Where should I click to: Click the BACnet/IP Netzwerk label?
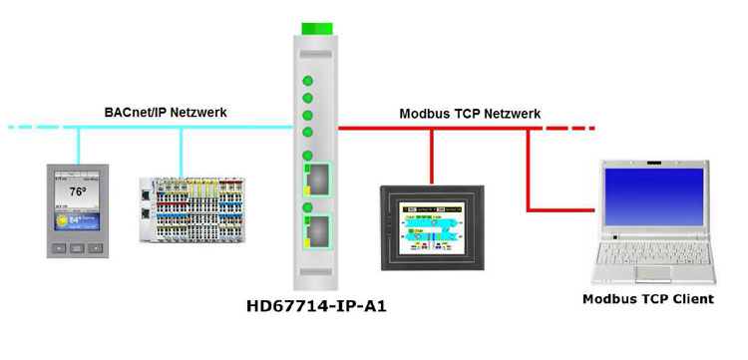(166, 113)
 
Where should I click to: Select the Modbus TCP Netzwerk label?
(470, 114)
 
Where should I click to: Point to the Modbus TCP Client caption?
(649, 299)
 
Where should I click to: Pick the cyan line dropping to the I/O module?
(182, 151)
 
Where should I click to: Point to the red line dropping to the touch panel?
(432, 155)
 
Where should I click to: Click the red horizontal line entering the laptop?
(563, 208)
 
